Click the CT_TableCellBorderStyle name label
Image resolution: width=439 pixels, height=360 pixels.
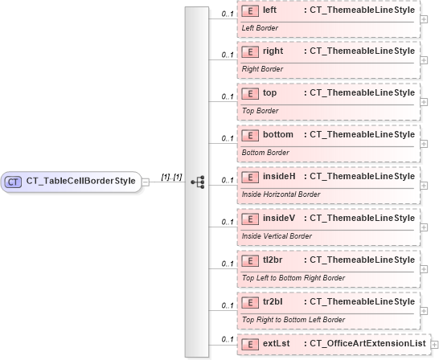[x=80, y=182]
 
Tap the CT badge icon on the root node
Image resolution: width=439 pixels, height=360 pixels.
[x=13, y=182]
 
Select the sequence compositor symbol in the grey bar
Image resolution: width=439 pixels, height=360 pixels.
[x=197, y=182]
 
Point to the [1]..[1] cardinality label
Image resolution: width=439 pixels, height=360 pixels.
[x=172, y=177]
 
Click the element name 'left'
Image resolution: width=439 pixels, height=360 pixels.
[x=270, y=9]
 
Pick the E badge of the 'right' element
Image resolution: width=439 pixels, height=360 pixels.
[x=250, y=51]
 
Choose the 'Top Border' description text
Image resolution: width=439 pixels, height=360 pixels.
[x=261, y=111]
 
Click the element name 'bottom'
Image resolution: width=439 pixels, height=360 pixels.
[x=278, y=134]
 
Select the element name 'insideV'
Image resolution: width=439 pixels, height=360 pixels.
[x=279, y=218]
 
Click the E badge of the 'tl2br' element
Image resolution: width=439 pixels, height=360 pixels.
[x=250, y=260]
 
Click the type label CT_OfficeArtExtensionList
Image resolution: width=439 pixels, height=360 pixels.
[x=367, y=344]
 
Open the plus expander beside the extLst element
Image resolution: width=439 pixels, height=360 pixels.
[x=435, y=345]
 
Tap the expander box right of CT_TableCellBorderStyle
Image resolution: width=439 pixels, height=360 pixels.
[x=146, y=182]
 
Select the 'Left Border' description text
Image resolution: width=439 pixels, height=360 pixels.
[x=260, y=27]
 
